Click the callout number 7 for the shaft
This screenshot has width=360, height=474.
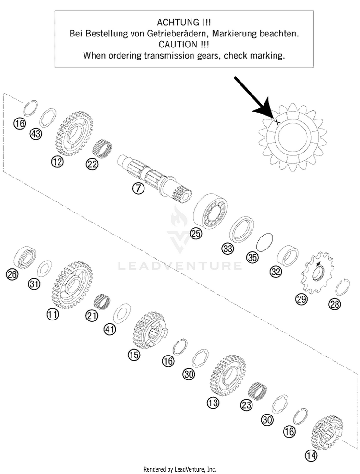click(x=138, y=189)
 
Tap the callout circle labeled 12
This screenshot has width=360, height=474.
click(x=58, y=162)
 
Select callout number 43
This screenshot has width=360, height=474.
click(x=36, y=134)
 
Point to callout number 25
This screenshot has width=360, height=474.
click(x=196, y=234)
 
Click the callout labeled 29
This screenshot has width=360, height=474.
click(x=301, y=299)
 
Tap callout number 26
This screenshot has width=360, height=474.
click(x=12, y=274)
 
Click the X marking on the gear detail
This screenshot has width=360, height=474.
click(x=276, y=121)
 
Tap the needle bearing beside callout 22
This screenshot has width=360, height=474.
click(x=102, y=148)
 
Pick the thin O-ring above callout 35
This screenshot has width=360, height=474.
click(x=264, y=242)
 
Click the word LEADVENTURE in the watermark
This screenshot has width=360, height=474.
click(x=180, y=266)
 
